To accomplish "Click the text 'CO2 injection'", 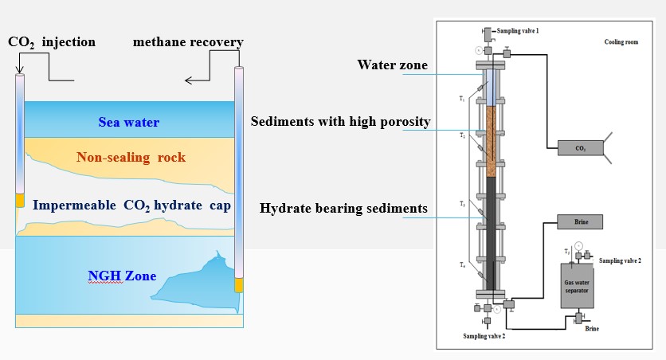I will click(53, 41).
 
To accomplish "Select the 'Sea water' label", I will click(129, 123).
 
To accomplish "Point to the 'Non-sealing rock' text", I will click(131, 157).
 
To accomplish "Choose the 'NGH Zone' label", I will click(121, 276).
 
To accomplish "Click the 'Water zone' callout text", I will click(394, 65).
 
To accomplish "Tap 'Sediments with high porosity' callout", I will click(340, 122).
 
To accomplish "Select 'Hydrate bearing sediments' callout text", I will click(343, 209).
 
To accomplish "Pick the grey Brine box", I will click(579, 221).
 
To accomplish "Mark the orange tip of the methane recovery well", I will click(238, 284).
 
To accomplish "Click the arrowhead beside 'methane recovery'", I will click(189, 80).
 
